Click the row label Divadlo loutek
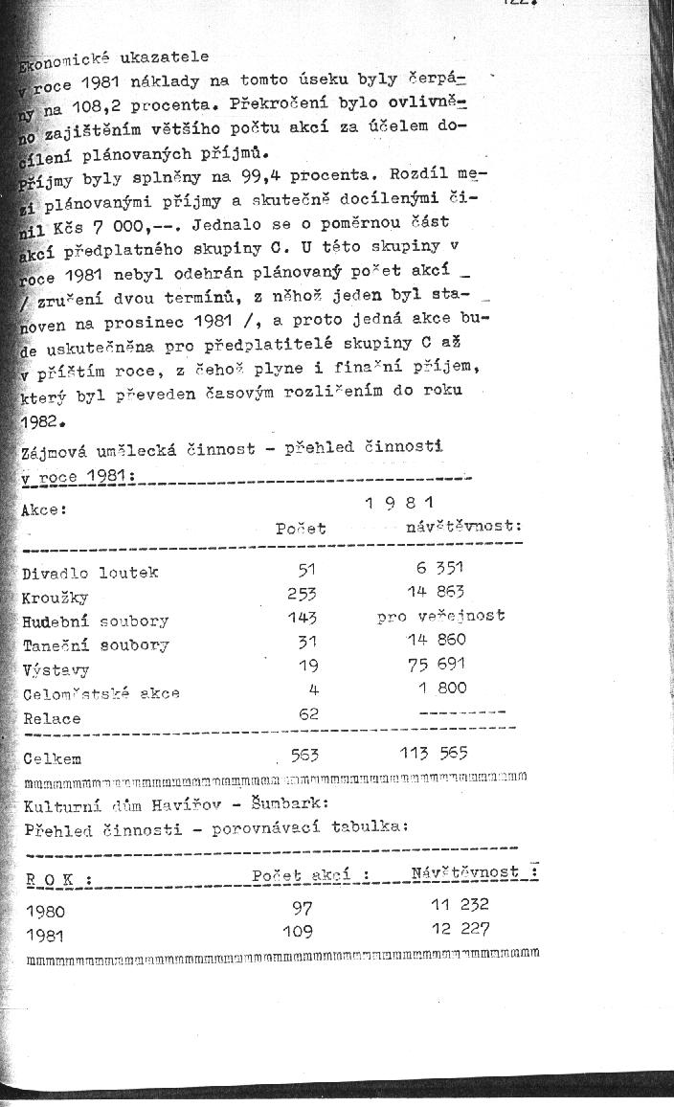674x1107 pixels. pos(90,573)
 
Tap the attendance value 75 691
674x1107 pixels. pos(435,664)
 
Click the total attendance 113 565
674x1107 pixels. pos(434,754)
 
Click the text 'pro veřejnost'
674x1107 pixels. pos(441,617)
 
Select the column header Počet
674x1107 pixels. pos(301,529)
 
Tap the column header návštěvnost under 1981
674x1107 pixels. pos(463,527)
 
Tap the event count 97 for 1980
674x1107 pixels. pos(302,907)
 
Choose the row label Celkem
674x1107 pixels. pos(52,758)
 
